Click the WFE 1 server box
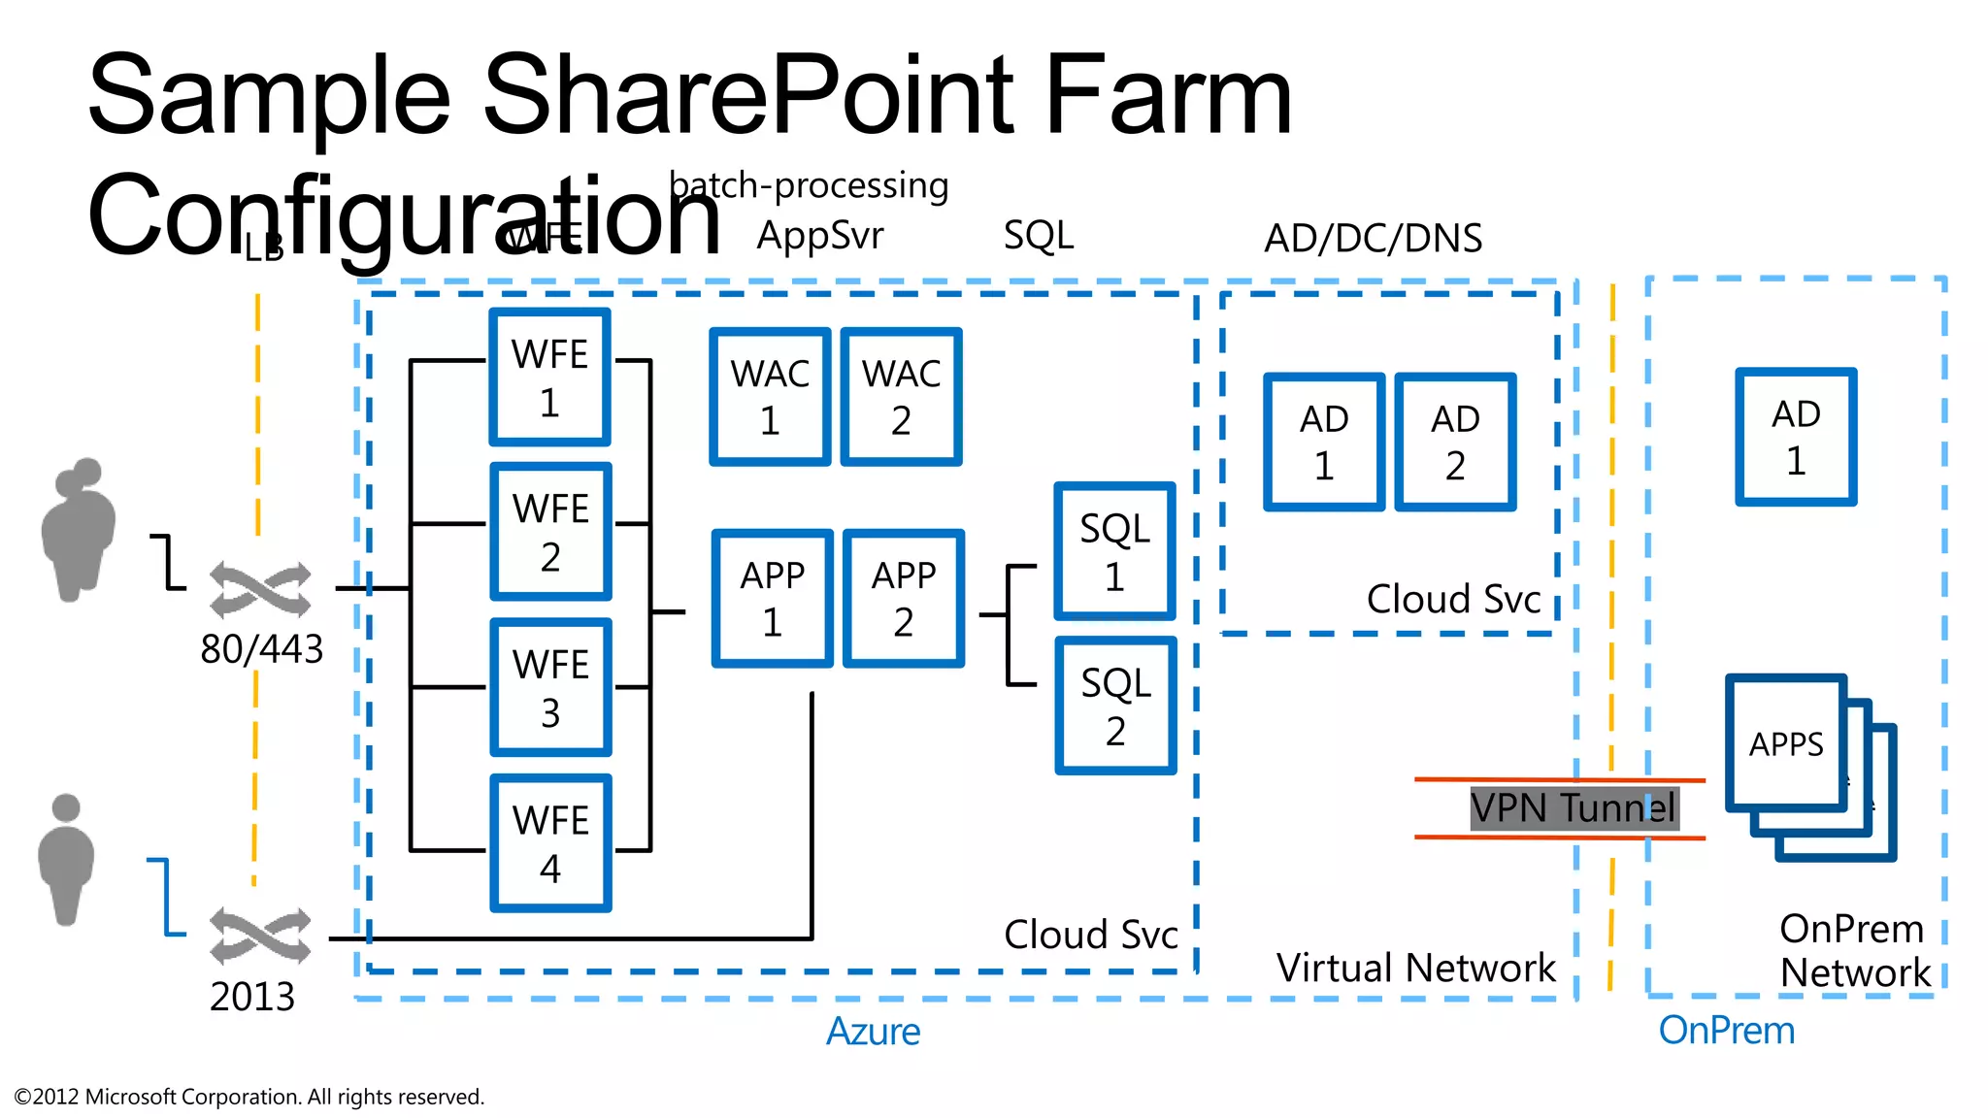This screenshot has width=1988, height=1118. click(550, 378)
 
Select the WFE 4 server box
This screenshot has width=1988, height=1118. click(550, 842)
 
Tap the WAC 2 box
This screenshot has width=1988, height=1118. click(901, 396)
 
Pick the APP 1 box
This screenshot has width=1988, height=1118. click(772, 598)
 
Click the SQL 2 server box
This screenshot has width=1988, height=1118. click(1115, 706)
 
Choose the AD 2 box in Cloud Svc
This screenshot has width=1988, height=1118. click(1454, 442)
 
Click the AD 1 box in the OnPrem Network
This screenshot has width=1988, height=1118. click(1796, 437)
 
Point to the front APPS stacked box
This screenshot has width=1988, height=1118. click(1785, 743)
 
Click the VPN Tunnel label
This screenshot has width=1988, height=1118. click(1573, 807)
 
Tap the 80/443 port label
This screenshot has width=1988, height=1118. click(261, 649)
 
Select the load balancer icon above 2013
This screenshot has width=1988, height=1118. click(260, 936)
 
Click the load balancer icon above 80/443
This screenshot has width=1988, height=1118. click(260, 588)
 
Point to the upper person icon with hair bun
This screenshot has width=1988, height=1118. click(79, 529)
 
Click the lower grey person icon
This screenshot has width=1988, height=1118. click(66, 860)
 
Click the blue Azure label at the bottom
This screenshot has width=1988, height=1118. click(873, 1031)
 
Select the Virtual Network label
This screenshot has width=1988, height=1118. click(1415, 968)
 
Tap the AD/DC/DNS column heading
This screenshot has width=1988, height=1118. click(1373, 238)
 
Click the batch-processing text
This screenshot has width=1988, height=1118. click(809, 184)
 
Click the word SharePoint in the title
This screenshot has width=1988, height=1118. click(748, 95)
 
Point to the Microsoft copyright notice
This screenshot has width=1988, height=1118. click(248, 1097)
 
